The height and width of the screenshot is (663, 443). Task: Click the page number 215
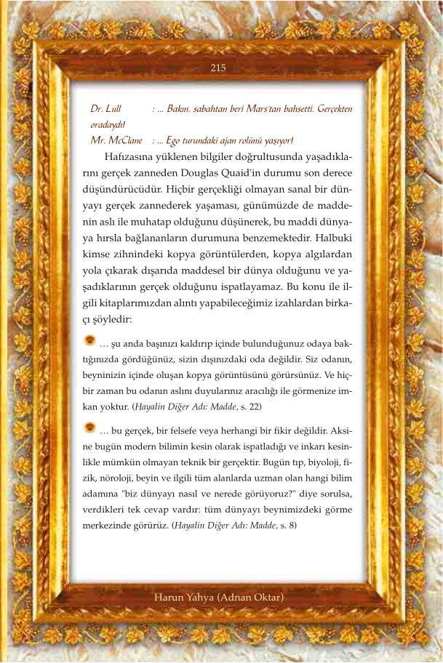pyautogui.click(x=218, y=68)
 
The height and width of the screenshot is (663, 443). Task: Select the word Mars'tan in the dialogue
pyautogui.click(x=273, y=109)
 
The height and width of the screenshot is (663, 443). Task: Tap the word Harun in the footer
pyautogui.click(x=169, y=598)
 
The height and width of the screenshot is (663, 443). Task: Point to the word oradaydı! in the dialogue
pyautogui.click(x=108, y=124)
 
